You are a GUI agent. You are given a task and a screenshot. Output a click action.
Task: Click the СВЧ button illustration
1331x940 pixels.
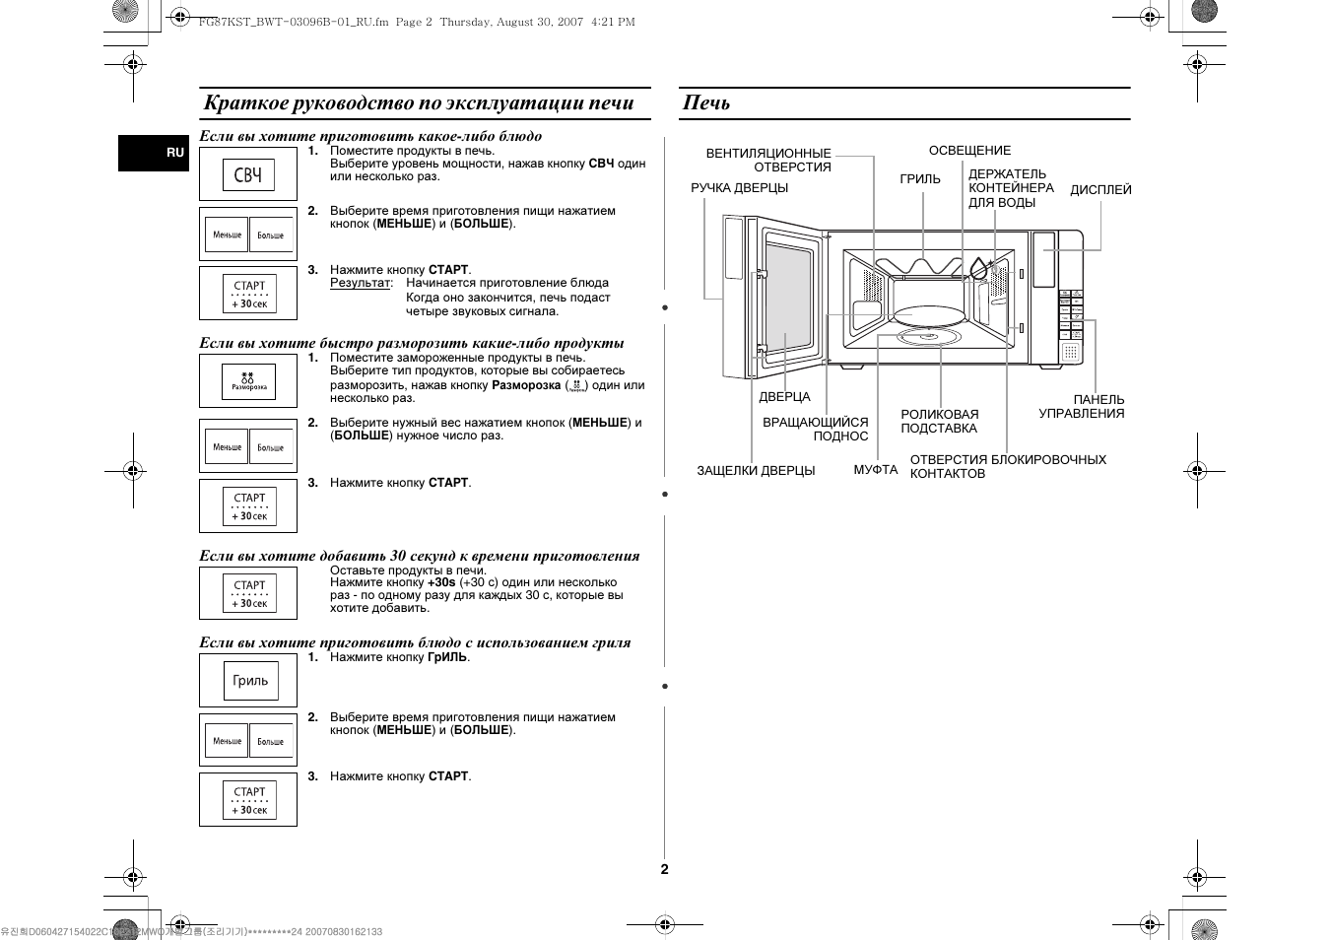point(248,175)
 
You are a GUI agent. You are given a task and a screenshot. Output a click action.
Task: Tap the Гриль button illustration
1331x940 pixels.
point(250,681)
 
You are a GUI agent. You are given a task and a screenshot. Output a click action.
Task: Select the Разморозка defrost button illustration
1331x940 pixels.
point(248,382)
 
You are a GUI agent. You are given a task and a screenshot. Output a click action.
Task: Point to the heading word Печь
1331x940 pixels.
point(706,103)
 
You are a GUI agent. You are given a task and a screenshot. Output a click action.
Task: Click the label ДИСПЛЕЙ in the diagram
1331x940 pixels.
point(1100,190)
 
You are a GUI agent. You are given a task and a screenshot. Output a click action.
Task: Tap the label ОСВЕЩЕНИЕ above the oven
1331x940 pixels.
point(969,151)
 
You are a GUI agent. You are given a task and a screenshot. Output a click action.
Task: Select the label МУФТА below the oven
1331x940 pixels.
point(875,470)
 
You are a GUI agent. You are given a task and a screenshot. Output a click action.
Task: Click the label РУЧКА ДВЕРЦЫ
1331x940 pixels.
point(739,188)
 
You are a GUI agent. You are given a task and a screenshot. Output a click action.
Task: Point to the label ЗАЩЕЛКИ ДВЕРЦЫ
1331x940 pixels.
point(756,471)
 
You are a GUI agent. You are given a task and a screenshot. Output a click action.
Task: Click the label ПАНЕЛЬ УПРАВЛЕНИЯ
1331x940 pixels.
point(1082,407)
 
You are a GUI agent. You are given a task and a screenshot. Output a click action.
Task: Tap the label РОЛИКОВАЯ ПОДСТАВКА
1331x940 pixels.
point(939,422)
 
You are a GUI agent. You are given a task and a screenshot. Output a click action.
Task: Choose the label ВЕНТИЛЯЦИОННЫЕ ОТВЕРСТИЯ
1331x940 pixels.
point(768,161)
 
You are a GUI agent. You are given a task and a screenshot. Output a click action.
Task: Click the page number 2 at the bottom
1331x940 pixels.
point(665,869)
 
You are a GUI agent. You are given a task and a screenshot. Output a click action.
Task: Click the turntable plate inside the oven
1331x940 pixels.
point(928,315)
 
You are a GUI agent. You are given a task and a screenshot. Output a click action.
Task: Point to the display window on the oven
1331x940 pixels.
point(1043,259)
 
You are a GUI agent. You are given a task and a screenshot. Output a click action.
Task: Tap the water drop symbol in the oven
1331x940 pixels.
point(978,268)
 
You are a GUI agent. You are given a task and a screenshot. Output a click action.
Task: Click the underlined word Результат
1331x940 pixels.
point(360,283)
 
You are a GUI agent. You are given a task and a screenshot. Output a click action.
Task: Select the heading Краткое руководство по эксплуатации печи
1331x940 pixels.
point(418,103)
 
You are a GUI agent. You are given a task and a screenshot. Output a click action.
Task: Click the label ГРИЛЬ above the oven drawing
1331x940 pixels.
point(920,179)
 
